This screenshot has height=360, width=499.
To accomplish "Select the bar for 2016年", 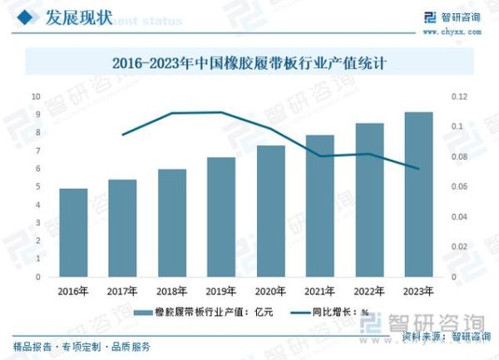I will (73, 233).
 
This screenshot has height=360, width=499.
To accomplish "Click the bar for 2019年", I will (221, 217).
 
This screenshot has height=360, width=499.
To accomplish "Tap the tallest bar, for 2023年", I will (417, 195).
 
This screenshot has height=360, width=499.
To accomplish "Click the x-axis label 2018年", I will (172, 291).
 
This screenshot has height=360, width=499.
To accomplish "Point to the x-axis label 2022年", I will (368, 291).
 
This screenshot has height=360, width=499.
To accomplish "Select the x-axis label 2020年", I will (270, 291).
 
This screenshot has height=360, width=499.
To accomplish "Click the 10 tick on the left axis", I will (37, 96).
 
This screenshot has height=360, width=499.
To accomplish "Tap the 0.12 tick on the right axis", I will (459, 96).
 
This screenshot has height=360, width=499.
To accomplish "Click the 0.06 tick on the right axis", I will (459, 187).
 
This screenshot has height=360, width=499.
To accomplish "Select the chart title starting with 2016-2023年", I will (249, 62).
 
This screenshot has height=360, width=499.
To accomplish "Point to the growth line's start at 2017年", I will (122, 135).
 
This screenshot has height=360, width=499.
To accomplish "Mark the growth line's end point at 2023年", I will (417, 169).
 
